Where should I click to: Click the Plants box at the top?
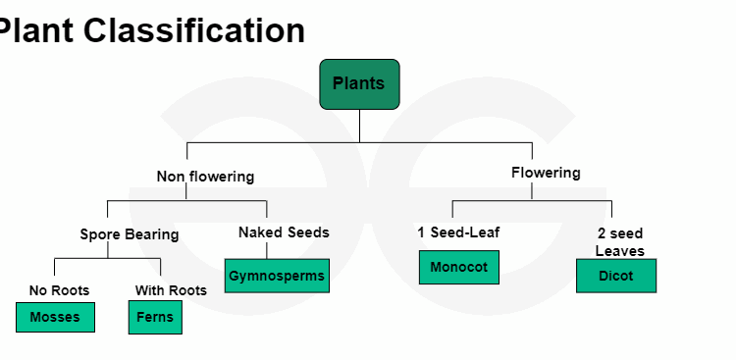[x=359, y=83]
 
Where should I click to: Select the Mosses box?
[x=55, y=317]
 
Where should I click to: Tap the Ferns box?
[x=155, y=317]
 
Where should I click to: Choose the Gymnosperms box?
[x=277, y=276]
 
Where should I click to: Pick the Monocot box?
[x=458, y=267]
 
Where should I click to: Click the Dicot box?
[x=615, y=276]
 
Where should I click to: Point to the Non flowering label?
[x=205, y=177]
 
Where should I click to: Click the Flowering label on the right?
[x=546, y=173]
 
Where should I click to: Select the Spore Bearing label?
[x=130, y=234]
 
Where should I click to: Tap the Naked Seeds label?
[x=284, y=232]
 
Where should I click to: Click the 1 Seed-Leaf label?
[x=458, y=232]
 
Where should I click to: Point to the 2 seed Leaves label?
[x=619, y=242]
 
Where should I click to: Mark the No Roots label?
[x=59, y=290]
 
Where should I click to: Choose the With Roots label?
[x=171, y=290]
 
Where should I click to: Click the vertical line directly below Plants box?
[x=359, y=126]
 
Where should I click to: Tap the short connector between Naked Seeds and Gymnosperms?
[x=266, y=250]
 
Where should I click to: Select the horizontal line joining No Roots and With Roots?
[x=107, y=259]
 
